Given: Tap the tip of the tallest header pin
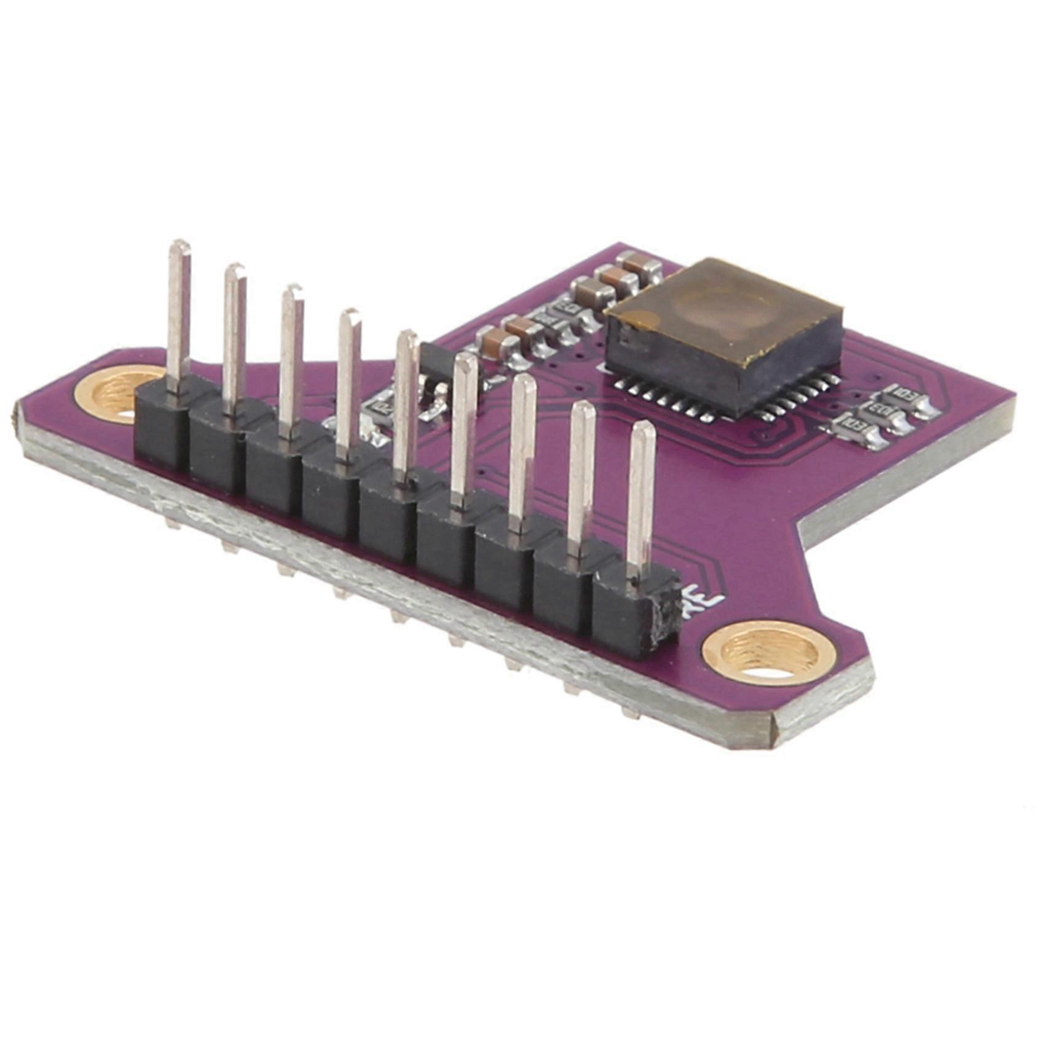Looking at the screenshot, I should [x=179, y=246].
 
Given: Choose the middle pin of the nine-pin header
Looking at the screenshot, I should [x=406, y=406].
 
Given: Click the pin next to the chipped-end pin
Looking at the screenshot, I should [x=581, y=479].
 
